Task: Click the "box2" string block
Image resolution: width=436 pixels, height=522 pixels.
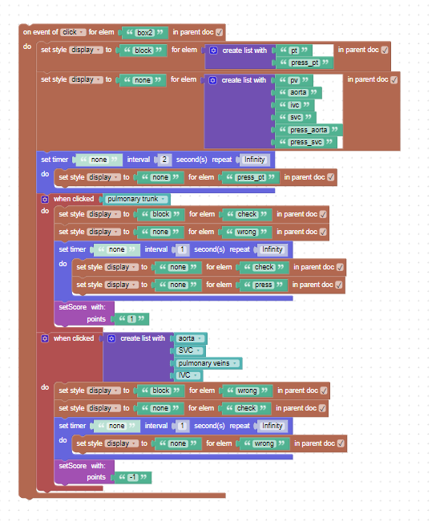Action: [x=145, y=33]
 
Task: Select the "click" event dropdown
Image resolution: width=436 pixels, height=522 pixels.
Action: [x=73, y=32]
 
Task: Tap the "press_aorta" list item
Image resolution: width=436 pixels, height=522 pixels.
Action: [x=309, y=130]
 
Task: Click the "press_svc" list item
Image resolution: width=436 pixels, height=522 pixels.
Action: [x=306, y=142]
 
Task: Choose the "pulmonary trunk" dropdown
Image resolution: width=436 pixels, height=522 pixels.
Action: [x=136, y=199]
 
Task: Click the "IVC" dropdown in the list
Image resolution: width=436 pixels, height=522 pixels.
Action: [x=188, y=375]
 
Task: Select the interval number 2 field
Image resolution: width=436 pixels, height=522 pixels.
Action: [x=164, y=160]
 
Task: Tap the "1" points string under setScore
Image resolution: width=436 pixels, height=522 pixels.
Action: [x=131, y=318]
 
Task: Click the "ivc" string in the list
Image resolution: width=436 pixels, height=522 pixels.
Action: [x=295, y=105]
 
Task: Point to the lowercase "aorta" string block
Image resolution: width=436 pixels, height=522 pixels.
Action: [x=298, y=92]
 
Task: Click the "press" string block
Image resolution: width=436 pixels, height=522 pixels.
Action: [x=264, y=285]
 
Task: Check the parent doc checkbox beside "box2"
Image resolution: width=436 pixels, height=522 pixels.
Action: [x=219, y=32]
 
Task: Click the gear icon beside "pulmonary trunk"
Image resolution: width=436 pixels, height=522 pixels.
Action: [x=45, y=200]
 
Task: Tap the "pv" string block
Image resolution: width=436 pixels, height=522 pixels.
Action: [x=294, y=80]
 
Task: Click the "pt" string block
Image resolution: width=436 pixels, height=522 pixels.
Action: [x=294, y=51]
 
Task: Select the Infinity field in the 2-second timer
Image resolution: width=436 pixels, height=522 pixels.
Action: [x=255, y=160]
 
